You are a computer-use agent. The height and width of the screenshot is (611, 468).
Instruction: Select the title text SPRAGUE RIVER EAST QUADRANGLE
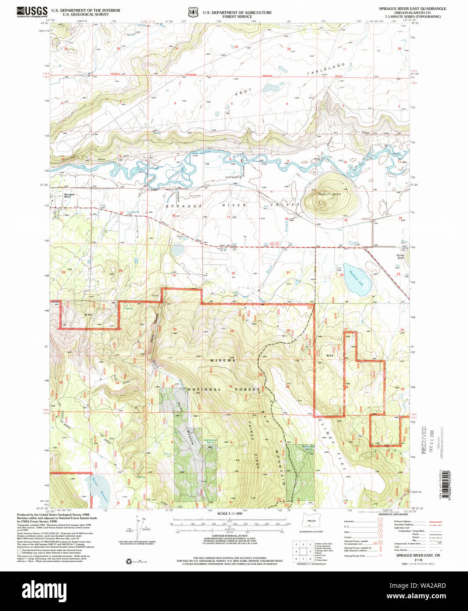(x=413, y=8)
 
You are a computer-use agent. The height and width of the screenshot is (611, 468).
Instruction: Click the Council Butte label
(x=329, y=194)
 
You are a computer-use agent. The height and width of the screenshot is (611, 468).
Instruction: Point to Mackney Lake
(x=357, y=278)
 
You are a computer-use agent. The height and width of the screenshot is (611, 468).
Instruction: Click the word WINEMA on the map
(x=223, y=360)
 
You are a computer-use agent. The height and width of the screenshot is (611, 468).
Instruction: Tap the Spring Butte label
(x=400, y=256)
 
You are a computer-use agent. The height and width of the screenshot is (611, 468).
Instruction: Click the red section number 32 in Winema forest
(x=230, y=386)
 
